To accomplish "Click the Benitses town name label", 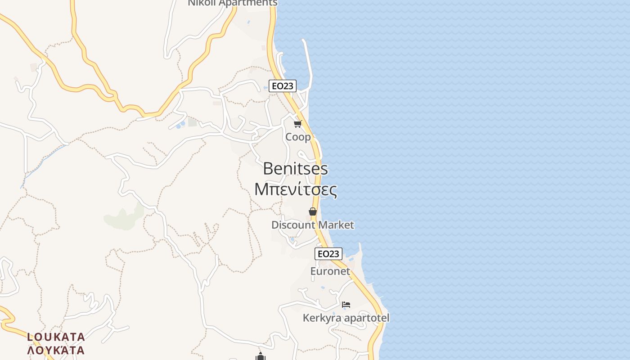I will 295,169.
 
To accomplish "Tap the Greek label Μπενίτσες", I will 296,189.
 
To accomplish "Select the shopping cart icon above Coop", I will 297,124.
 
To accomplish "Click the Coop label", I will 298,137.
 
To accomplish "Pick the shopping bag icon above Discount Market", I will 313,211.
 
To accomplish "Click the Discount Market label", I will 313,225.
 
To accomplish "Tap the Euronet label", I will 330,271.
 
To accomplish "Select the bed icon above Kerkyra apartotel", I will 346,305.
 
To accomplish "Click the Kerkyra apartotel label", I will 346,318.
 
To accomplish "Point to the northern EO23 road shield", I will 283,86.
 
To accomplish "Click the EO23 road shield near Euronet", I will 328,254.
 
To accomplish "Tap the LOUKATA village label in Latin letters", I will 56,337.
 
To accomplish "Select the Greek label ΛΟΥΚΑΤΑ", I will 56,350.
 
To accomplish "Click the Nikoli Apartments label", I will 232,3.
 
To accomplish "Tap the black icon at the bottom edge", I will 260,356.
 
